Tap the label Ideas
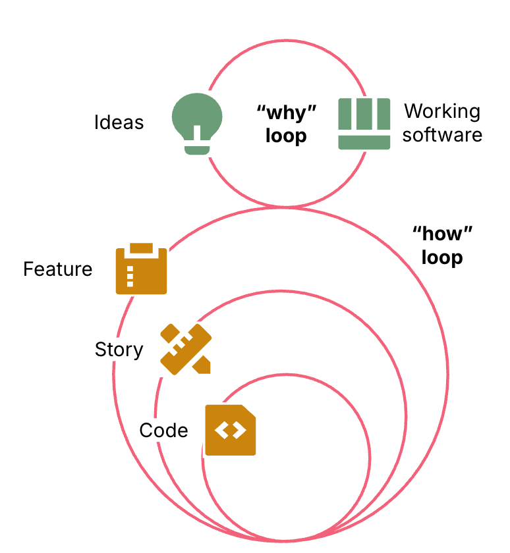[119, 122]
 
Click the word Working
[442, 111]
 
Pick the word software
[442, 135]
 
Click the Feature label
[58, 269]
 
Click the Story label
[119, 349]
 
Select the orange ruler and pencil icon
[186, 349]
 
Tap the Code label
[163, 431]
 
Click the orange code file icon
[230, 430]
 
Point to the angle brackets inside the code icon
[230, 431]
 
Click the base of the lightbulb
[197, 150]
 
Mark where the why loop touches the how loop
[285, 208]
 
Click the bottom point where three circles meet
[285, 540]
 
